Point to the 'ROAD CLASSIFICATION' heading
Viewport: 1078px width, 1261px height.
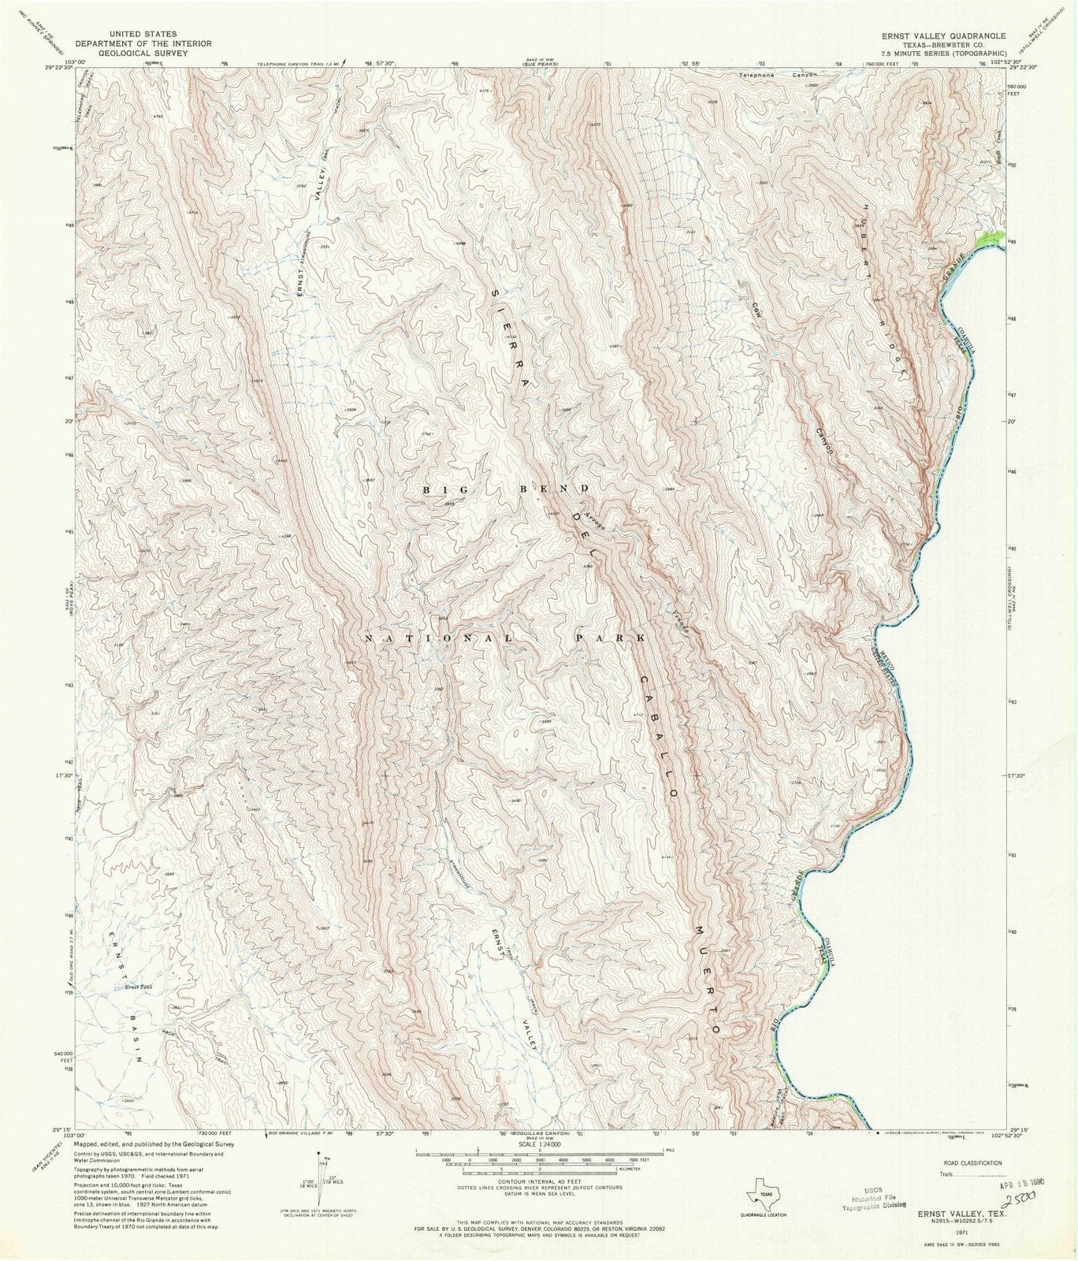tap(966, 1162)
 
